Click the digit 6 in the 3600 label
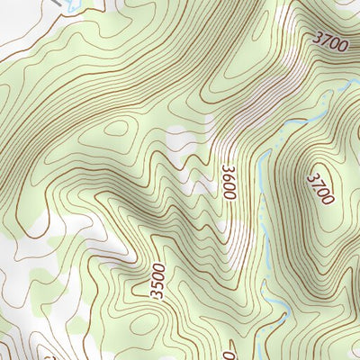(x=229, y=175)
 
